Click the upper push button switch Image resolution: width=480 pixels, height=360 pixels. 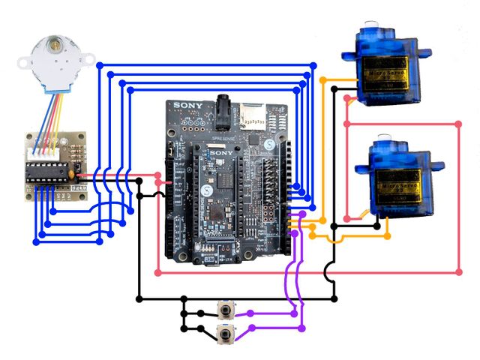223,310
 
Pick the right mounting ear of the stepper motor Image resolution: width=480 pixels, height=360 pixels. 88,58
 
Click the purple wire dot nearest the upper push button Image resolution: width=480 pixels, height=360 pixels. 249,313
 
